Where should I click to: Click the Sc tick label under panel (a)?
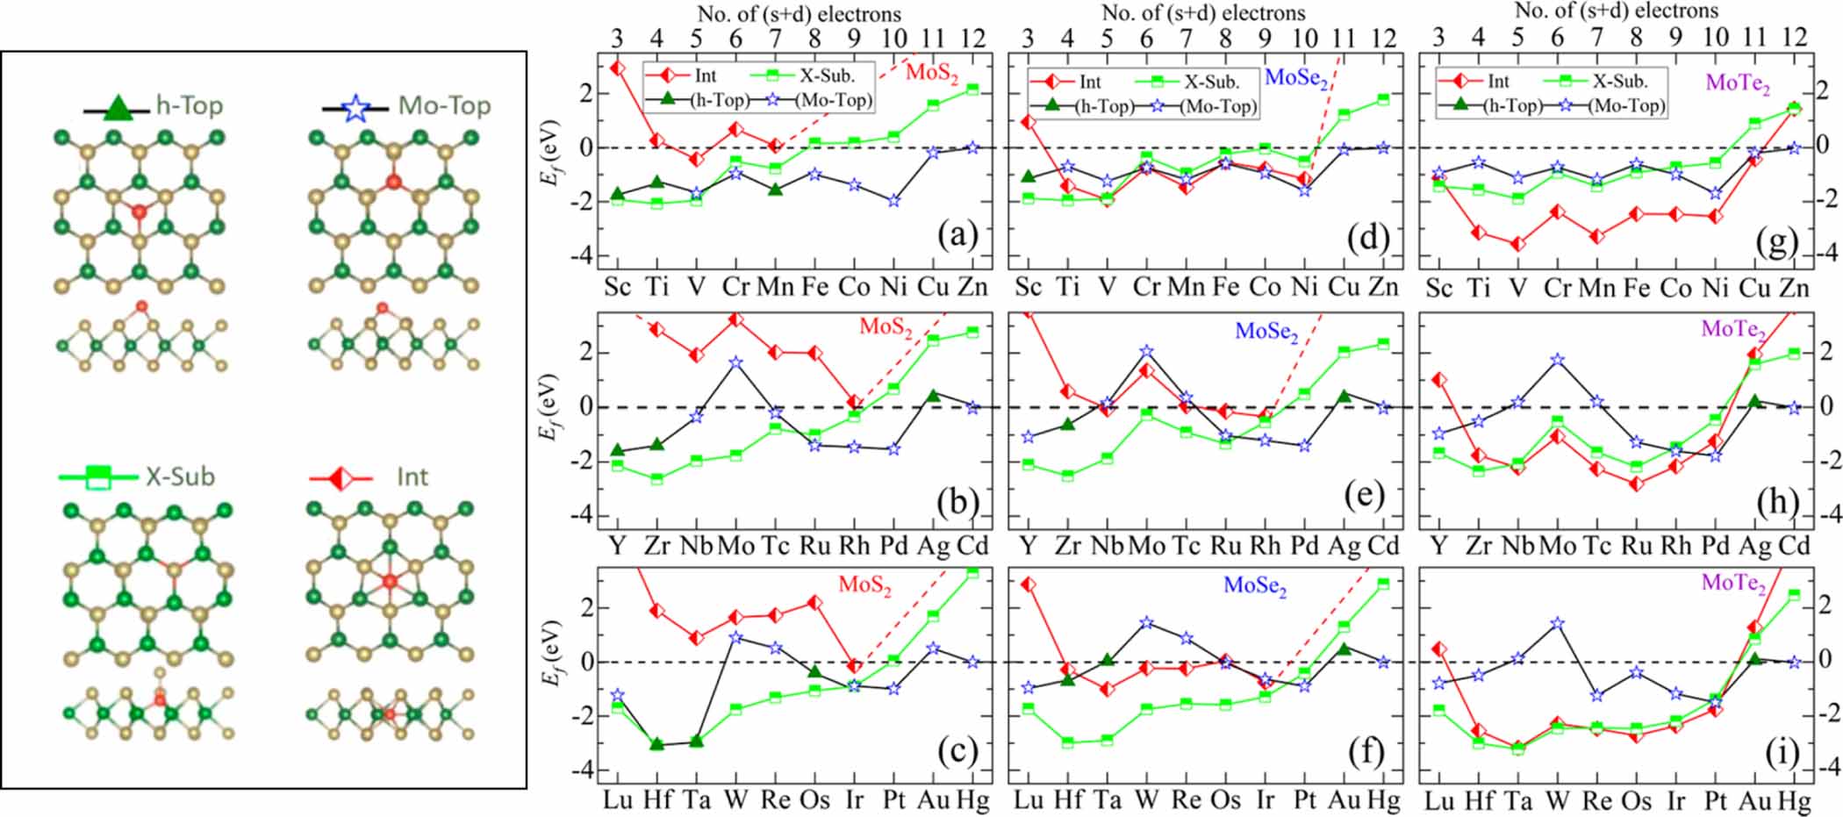pyautogui.click(x=617, y=287)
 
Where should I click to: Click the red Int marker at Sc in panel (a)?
pyautogui.click(x=617, y=68)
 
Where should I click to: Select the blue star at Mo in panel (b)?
pyautogui.click(x=735, y=362)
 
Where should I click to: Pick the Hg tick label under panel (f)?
pyautogui.click(x=1383, y=800)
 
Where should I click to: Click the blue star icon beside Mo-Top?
pyautogui.click(x=355, y=108)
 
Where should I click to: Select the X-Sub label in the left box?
pyautogui.click(x=180, y=477)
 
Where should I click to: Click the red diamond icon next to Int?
pyautogui.click(x=341, y=478)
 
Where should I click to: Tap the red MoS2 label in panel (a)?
pyautogui.click(x=932, y=72)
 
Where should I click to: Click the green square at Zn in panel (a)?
pyautogui.click(x=972, y=89)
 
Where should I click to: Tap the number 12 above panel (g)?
pyautogui.click(x=1796, y=37)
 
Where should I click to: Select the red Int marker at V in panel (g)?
pyautogui.click(x=1517, y=244)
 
